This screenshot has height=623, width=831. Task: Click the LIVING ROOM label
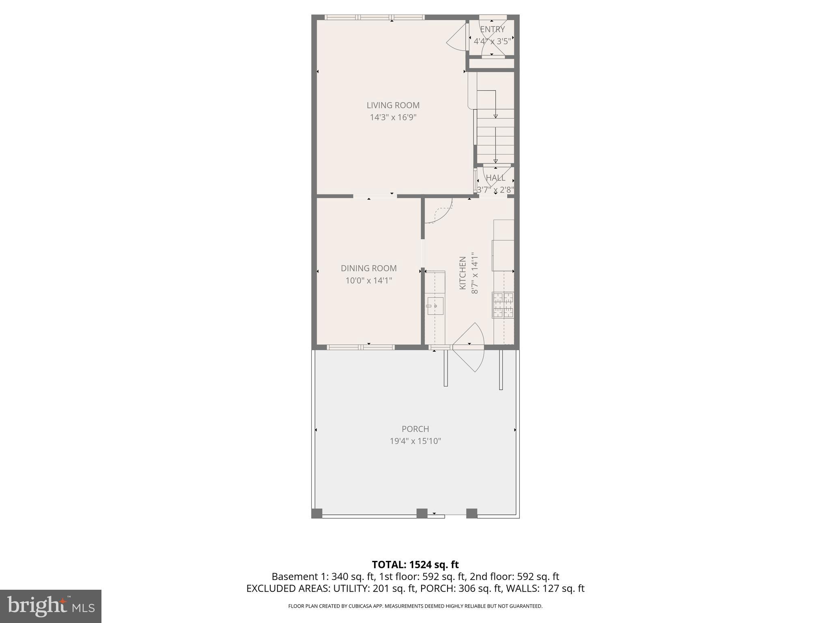pos(393,105)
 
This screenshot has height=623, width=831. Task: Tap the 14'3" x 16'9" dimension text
pos(393,118)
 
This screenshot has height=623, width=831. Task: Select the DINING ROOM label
pos(368,268)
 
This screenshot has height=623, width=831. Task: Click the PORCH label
pos(415,429)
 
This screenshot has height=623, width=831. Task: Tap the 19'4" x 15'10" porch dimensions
pos(415,441)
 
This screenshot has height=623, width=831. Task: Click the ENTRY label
pos(492,29)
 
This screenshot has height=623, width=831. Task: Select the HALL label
pos(495,178)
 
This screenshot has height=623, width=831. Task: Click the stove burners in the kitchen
pos(503,305)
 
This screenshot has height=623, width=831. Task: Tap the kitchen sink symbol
pos(435,305)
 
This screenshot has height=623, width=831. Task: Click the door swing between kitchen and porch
pos(470,347)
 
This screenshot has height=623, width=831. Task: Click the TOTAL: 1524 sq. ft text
pos(415,565)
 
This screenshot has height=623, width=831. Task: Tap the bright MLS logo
pos(51,606)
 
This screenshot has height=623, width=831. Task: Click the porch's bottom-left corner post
pos(317,513)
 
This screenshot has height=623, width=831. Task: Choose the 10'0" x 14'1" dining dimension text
pos(368,280)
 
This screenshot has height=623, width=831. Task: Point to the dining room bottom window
pos(360,347)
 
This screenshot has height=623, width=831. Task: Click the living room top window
pos(375,17)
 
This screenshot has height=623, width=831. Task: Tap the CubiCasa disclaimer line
pos(415,606)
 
